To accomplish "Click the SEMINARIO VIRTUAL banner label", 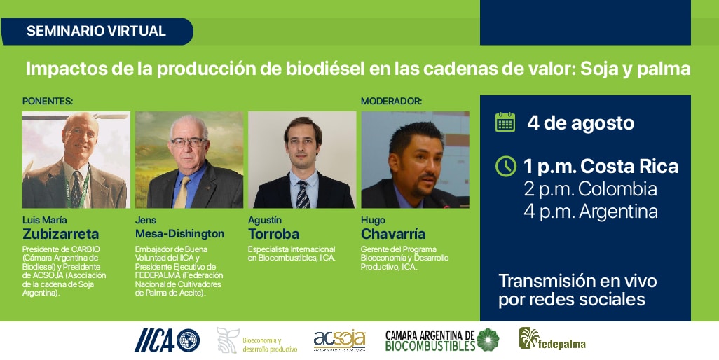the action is coord(96,31).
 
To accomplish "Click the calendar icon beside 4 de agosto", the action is coord(505,123).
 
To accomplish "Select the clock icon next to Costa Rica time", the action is coord(506,166).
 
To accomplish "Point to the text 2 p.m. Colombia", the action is coord(591,189).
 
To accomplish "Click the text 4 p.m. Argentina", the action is coord(591,212).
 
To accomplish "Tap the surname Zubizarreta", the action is coord(60,234).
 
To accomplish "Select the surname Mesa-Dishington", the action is coord(179,234).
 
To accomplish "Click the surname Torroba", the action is coord(274,234).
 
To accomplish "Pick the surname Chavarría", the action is coord(393,234).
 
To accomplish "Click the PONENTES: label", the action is coord(48,102).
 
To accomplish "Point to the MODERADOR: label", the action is coord(391,102).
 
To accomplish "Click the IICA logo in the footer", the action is coord(167,341).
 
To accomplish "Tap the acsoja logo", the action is coord(340,340).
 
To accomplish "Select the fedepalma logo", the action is coord(552,340).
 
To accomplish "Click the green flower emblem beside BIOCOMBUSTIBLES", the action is coord(488,340).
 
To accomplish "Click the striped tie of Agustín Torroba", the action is coord(302,195).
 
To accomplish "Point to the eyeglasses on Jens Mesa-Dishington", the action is coord(189,142).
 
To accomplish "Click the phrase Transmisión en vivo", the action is coord(577,281).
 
